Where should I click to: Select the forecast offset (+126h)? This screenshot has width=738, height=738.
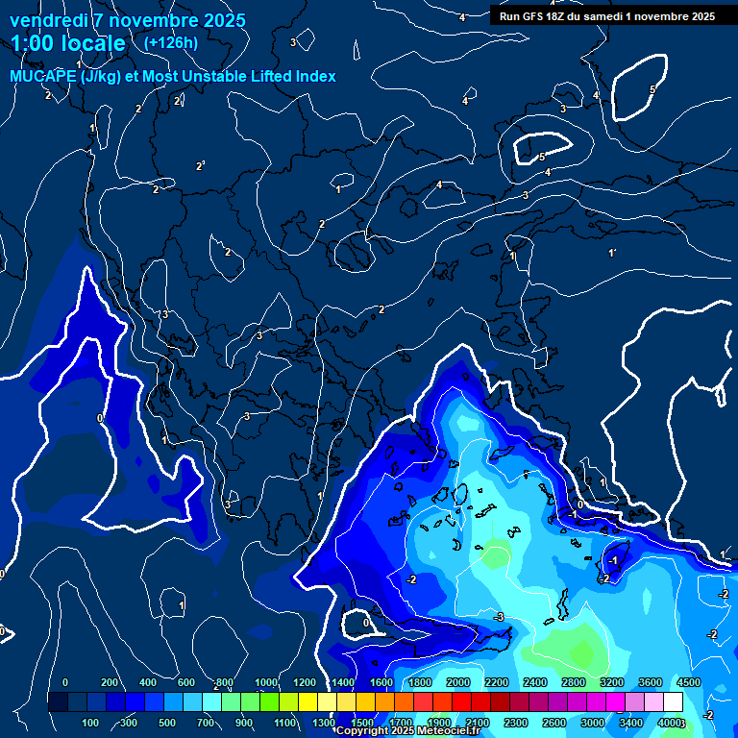(x=170, y=42)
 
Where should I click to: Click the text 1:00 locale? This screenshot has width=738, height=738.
(x=68, y=43)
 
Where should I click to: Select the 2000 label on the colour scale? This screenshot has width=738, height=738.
(x=458, y=682)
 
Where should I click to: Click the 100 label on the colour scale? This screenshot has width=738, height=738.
(x=91, y=723)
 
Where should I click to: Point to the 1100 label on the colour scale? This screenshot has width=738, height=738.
(x=285, y=723)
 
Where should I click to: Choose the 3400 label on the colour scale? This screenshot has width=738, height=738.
(x=631, y=723)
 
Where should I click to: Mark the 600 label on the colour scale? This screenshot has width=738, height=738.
(x=186, y=682)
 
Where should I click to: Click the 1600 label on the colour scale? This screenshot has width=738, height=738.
(x=381, y=682)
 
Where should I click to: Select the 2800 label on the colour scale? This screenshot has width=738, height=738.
(x=574, y=682)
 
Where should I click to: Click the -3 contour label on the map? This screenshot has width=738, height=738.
(x=499, y=616)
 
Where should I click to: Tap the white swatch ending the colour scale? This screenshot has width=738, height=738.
(x=674, y=702)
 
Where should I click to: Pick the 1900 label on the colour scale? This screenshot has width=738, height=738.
(x=439, y=723)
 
